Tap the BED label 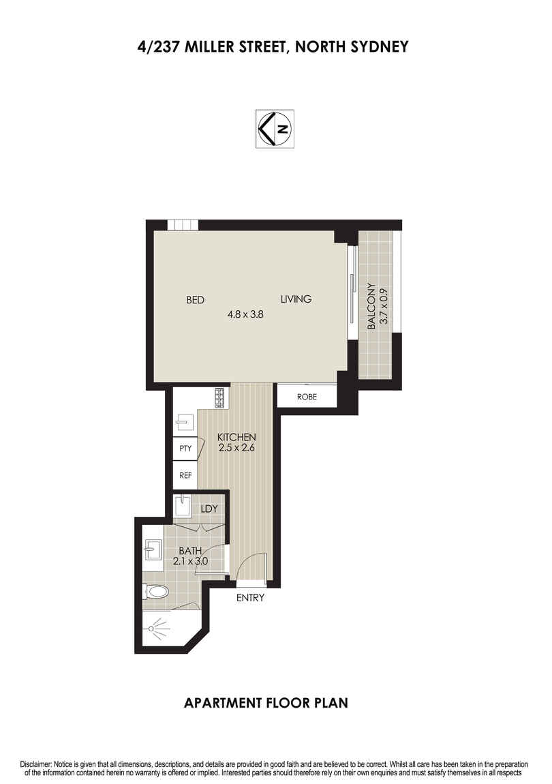[x=196, y=299]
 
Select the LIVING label [x=296, y=299]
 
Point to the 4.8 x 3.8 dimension [x=246, y=315]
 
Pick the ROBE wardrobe [x=307, y=396]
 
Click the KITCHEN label [x=236, y=437]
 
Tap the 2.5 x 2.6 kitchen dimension [x=236, y=448]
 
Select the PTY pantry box [x=185, y=449]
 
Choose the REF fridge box [x=185, y=476]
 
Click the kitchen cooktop [x=220, y=397]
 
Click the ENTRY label [x=250, y=599]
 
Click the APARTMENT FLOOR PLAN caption [x=266, y=703]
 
